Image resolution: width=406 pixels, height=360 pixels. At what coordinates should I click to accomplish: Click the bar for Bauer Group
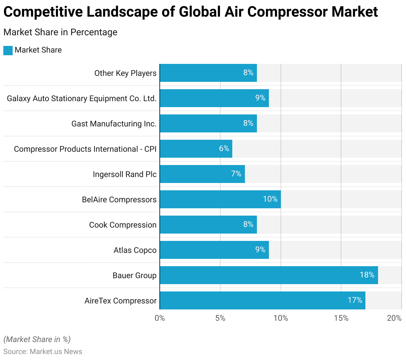(x=269, y=275)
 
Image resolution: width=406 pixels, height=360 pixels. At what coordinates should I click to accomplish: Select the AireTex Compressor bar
(x=262, y=300)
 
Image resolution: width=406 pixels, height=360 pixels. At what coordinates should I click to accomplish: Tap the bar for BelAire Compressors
(x=220, y=199)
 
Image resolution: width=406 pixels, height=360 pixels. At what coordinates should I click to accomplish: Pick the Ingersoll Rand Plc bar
(x=202, y=174)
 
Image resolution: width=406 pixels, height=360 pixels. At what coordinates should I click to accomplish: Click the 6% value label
(x=224, y=148)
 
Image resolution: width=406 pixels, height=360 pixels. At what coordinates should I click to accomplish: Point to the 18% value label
(x=367, y=275)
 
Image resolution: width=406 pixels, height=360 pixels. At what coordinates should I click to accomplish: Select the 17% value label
(x=355, y=300)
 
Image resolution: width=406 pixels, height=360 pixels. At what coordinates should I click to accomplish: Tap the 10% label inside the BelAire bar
(x=270, y=199)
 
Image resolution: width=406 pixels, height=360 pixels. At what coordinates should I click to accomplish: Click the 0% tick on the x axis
(x=160, y=318)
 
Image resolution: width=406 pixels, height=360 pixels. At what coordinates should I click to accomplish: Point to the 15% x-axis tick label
(x=341, y=318)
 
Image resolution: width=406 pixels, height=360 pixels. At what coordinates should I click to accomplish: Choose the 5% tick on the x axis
(x=220, y=318)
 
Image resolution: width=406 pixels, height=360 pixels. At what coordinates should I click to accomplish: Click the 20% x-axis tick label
(x=394, y=318)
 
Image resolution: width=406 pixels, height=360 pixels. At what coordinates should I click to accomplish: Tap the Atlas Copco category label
(x=135, y=250)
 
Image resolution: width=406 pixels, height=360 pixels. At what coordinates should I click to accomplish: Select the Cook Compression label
(x=122, y=225)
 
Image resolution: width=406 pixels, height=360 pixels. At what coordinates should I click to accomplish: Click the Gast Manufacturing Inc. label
(x=114, y=124)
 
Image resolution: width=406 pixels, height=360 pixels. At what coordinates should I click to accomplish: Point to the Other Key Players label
(x=125, y=73)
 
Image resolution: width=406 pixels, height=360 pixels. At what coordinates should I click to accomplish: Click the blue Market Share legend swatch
(x=8, y=50)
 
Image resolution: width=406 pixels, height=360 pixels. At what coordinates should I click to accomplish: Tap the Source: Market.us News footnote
(x=43, y=352)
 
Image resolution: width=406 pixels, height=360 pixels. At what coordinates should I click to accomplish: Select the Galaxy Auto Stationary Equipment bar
(x=214, y=98)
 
